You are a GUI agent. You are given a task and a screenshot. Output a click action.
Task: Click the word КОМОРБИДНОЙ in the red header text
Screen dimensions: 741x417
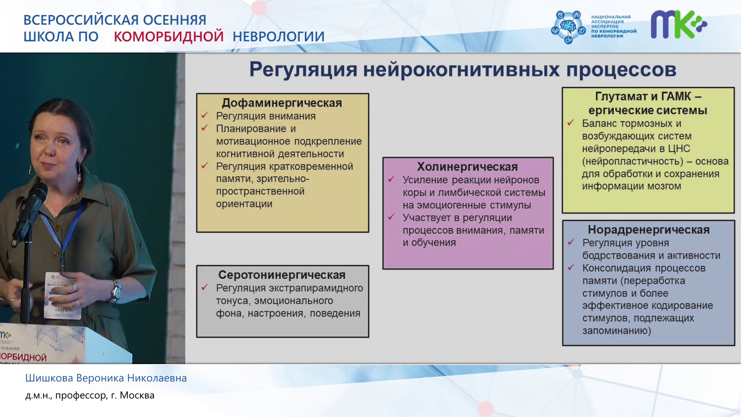[x=169, y=36]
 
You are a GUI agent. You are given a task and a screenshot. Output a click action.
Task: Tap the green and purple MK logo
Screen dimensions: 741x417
[x=679, y=24]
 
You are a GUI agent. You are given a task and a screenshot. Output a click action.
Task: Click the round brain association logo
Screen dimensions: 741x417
[x=568, y=27]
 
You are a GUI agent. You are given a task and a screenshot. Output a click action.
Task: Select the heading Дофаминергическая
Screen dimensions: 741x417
[x=282, y=103]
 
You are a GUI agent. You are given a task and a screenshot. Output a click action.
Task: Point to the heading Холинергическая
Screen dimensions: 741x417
[x=467, y=167]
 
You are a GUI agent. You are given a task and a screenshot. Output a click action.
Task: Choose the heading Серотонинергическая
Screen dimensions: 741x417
[x=282, y=275]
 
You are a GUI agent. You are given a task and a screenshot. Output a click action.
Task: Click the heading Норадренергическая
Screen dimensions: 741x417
[x=649, y=230]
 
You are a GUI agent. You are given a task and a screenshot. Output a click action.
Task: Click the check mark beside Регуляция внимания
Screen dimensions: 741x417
[x=205, y=115]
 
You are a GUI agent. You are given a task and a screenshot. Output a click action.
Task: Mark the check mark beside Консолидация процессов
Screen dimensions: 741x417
[x=571, y=267]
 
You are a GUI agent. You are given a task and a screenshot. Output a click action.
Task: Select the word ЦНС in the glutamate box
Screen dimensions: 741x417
[x=679, y=149]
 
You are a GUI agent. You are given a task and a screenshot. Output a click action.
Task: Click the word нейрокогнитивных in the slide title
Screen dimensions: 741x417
[x=461, y=70]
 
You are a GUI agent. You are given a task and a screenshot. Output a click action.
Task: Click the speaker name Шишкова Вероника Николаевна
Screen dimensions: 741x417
[x=106, y=378]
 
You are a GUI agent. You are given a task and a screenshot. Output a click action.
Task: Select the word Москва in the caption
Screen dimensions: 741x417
[x=137, y=395]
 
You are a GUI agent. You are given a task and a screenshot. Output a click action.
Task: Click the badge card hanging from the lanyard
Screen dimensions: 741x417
[x=63, y=295]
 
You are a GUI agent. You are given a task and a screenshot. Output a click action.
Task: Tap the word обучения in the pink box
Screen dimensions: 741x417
[x=433, y=243]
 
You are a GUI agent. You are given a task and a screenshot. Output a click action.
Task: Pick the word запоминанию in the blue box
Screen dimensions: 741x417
[x=617, y=331]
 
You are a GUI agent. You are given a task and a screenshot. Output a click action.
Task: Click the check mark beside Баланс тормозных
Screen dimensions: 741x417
[x=571, y=123]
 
